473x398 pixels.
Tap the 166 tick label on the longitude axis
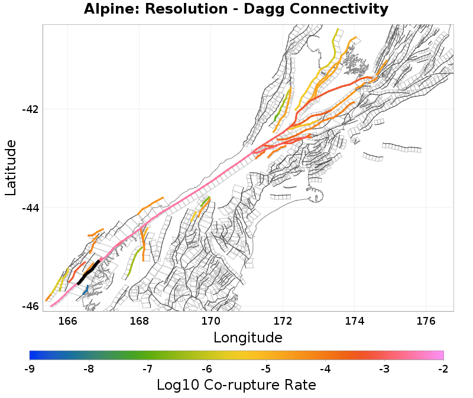pyautogui.click(x=69, y=321)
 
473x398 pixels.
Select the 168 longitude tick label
pyautogui.click(x=140, y=321)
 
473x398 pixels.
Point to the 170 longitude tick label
pyautogui.click(x=211, y=321)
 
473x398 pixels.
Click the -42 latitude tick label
pyautogui.click(x=30, y=110)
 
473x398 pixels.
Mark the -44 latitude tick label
pyautogui.click(x=30, y=208)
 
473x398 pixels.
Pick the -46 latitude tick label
pyautogui.click(x=30, y=306)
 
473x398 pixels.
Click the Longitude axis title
pyautogui.click(x=248, y=338)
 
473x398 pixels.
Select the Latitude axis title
pyautogui.click(x=11, y=167)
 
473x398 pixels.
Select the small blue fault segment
pyautogui.click(x=87, y=290)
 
